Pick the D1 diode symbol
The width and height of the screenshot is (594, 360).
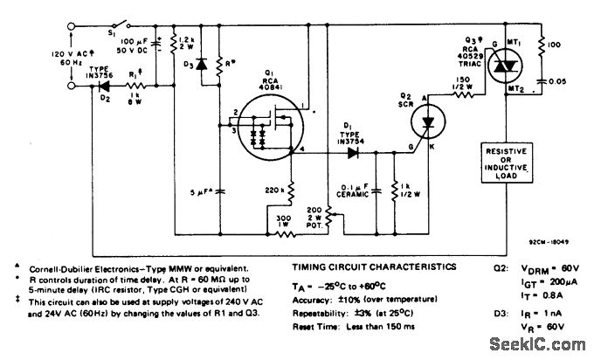click(354, 151)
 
